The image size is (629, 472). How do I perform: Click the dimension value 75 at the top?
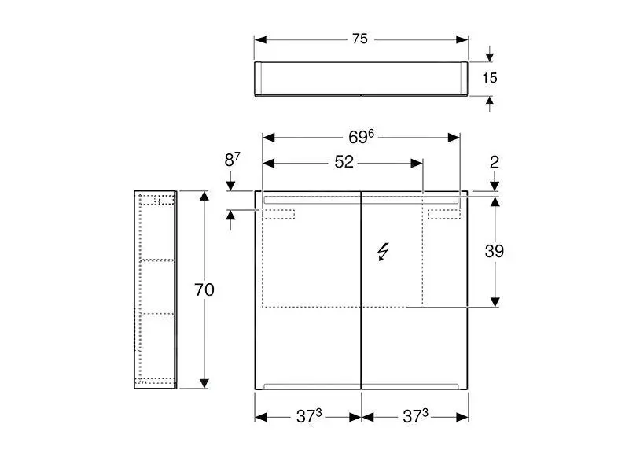pyautogui.click(x=360, y=39)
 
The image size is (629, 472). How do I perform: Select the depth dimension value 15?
pyautogui.click(x=491, y=77)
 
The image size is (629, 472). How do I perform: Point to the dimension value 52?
pyautogui.click(x=344, y=162)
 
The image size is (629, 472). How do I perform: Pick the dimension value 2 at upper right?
pyautogui.click(x=494, y=162)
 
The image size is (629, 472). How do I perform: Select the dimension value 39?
pyautogui.click(x=494, y=251)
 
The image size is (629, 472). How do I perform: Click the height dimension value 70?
pyautogui.click(x=204, y=289)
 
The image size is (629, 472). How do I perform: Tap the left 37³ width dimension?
pyautogui.click(x=309, y=417)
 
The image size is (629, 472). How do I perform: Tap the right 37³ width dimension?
pyautogui.click(x=415, y=417)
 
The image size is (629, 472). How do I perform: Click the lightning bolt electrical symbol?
pyautogui.click(x=383, y=252)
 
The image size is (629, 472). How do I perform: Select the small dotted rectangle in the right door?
pyautogui.click(x=443, y=213)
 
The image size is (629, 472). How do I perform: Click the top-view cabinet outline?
pyautogui.click(x=361, y=78)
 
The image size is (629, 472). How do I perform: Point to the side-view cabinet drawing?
pyautogui.click(x=155, y=289)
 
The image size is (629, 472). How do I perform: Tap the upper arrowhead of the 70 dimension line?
pyautogui.click(x=204, y=197)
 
